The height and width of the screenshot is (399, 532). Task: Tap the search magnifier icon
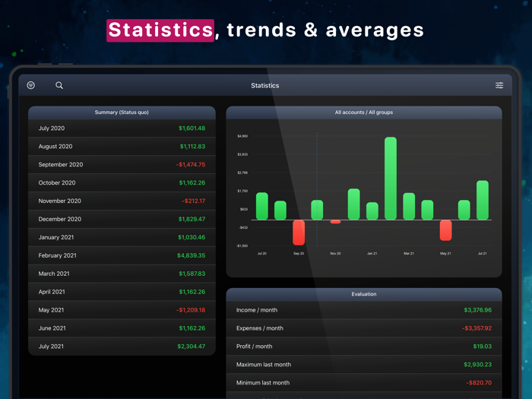click(59, 85)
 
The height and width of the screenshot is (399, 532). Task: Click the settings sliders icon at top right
click(499, 85)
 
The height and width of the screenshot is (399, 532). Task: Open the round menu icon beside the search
click(31, 85)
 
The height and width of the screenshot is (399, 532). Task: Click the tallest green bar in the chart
click(391, 179)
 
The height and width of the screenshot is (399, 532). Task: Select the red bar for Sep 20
click(299, 232)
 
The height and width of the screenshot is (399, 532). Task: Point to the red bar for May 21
click(445, 230)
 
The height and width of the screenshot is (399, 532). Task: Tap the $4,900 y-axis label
click(242, 136)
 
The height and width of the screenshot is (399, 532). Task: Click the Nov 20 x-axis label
click(335, 253)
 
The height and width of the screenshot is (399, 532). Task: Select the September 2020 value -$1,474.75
click(191, 165)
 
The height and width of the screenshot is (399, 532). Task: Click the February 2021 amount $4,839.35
click(192, 255)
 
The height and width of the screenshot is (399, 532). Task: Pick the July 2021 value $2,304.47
click(192, 347)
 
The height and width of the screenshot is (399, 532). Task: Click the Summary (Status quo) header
click(122, 112)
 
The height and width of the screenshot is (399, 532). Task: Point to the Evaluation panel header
click(364, 294)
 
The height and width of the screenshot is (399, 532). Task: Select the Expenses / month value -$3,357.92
click(477, 328)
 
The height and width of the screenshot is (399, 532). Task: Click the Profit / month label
click(254, 347)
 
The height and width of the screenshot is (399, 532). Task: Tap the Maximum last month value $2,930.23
click(477, 365)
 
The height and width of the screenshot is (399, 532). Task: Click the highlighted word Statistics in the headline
click(160, 30)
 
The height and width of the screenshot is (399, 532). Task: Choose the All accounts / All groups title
click(364, 112)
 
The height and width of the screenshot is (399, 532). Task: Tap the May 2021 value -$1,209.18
click(191, 310)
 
